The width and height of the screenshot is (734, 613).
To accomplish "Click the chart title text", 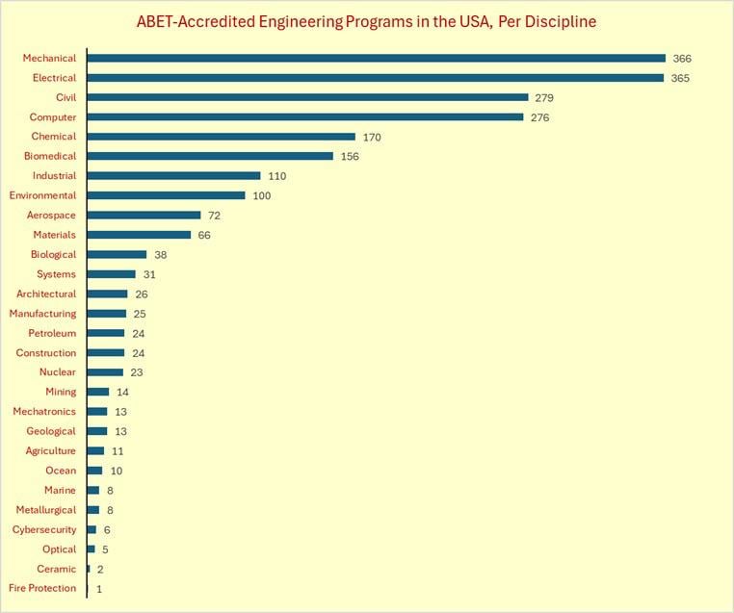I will point(366,21).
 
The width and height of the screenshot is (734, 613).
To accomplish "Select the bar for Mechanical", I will point(376,58).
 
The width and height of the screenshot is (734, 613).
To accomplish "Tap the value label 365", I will point(681,78).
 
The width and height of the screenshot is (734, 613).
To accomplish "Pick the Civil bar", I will point(307,97).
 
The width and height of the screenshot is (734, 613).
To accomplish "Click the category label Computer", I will point(53,117).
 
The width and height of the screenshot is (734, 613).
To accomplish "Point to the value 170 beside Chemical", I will point(372,137).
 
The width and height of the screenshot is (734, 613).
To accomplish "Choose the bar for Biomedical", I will point(210,156).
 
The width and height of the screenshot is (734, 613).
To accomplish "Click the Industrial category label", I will point(54,176).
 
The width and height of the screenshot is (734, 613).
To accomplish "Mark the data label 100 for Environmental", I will point(262,195).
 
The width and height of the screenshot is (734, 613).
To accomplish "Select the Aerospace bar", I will point(144,216).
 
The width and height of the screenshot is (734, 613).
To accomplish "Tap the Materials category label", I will point(55,235).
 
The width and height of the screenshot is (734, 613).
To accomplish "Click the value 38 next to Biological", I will point(161,255).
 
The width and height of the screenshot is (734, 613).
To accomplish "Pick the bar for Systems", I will point(111,274).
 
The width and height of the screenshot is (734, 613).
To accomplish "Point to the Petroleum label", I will point(52,333).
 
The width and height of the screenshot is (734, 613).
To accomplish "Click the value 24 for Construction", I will point(138,353).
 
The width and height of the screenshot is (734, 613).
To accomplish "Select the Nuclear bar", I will point(105,372).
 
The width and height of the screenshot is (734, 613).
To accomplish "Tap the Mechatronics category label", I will point(44,412).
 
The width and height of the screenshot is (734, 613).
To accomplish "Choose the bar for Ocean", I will point(94,471).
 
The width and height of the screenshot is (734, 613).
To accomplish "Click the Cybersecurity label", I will point(44,529).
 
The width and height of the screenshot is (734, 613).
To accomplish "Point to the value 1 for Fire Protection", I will point(99,588).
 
